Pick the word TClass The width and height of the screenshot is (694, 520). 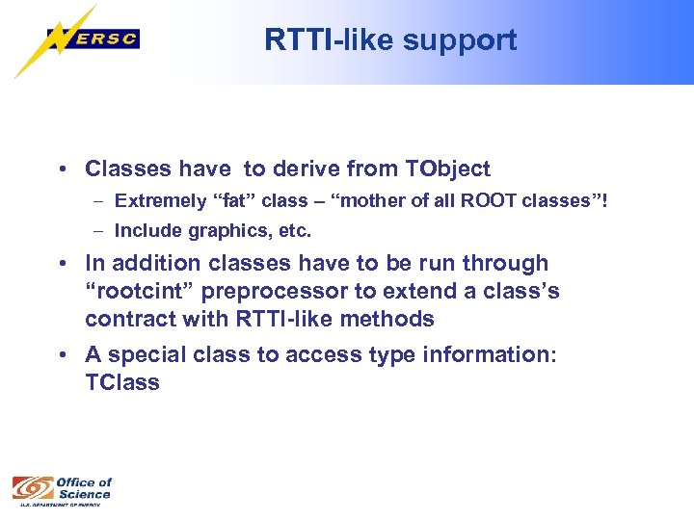[x=122, y=382]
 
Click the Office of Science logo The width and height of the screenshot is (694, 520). [x=62, y=490]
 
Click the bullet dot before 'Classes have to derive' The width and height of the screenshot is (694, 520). [x=61, y=170]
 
